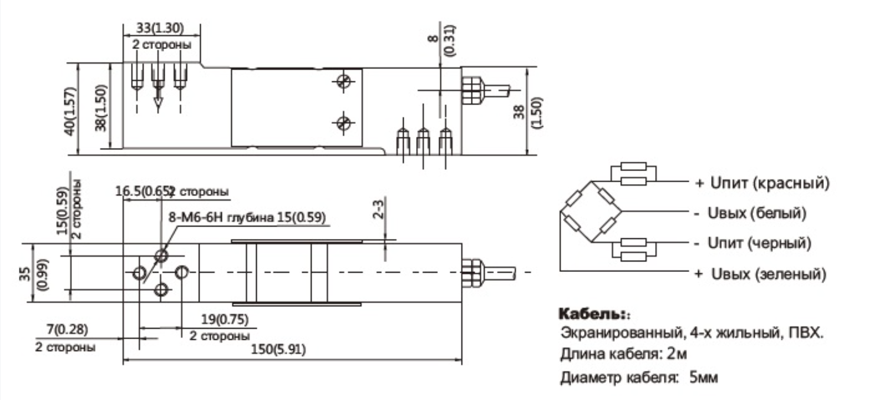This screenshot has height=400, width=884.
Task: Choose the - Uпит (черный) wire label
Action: (752, 242)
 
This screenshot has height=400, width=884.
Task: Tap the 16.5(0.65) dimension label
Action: (143, 192)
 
